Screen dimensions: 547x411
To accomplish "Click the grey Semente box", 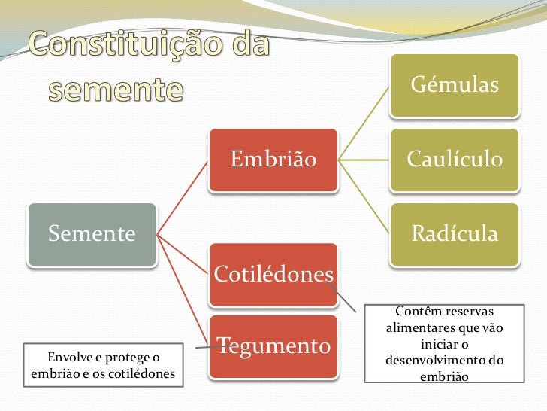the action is [x=92, y=234].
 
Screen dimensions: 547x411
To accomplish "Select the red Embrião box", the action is [x=273, y=160].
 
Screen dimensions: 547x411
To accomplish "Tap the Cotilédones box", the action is [x=273, y=273].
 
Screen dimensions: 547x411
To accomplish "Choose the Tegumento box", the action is [x=273, y=346].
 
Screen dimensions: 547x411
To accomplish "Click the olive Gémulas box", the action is [x=454, y=85].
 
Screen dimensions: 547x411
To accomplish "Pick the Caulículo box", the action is [x=454, y=160].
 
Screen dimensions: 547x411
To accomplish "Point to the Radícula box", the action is [x=454, y=234].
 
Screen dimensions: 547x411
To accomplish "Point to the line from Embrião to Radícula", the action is [x=364, y=196].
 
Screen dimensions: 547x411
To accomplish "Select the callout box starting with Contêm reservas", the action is [x=444, y=342].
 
